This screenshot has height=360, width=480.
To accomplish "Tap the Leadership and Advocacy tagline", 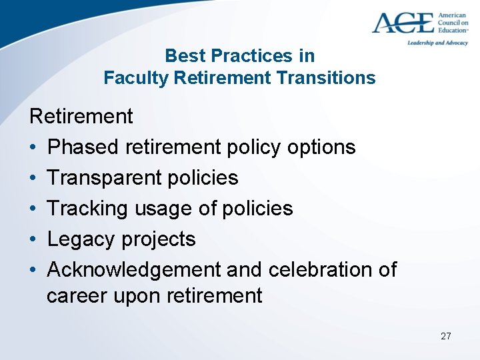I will (x=437, y=43).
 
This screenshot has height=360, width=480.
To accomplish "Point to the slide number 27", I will (x=446, y=336).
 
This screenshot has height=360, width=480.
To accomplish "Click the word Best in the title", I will (x=181, y=55).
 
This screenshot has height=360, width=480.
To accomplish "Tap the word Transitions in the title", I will (x=326, y=78).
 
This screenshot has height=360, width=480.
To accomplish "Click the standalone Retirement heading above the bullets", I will (x=81, y=117).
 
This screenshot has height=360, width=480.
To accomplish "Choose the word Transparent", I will (x=105, y=178).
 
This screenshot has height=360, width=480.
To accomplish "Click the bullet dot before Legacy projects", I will (x=33, y=239).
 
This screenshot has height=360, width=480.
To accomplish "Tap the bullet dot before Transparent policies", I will (x=33, y=178).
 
